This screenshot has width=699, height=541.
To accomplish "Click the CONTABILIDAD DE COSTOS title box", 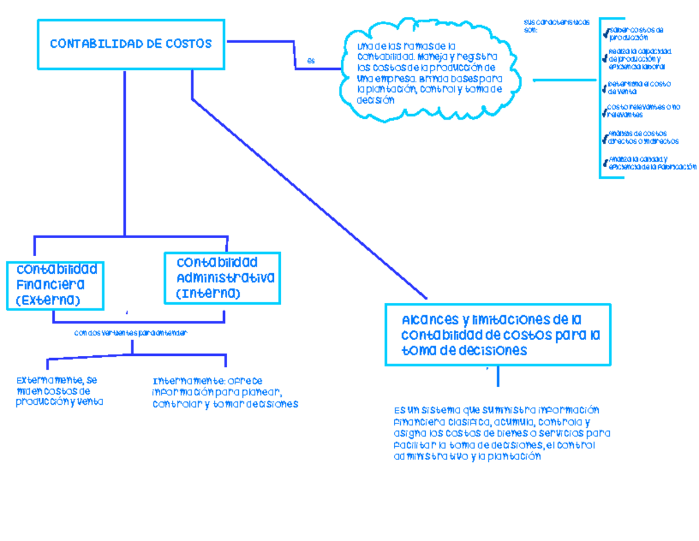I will tap(131, 44).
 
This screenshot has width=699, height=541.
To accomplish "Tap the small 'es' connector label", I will tap(310, 60).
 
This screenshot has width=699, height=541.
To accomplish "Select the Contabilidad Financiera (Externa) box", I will tap(56, 285).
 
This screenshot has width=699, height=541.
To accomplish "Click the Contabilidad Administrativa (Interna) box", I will tap(223, 278).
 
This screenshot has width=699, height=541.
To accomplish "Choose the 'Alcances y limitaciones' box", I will tap(498, 335).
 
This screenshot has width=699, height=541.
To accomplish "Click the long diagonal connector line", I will tap(309, 198).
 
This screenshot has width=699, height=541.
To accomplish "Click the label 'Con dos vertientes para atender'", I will tap(132, 333).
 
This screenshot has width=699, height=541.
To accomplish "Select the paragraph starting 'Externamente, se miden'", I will tap(58, 391).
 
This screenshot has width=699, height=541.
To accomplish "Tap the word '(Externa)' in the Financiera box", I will tap(48, 300).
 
